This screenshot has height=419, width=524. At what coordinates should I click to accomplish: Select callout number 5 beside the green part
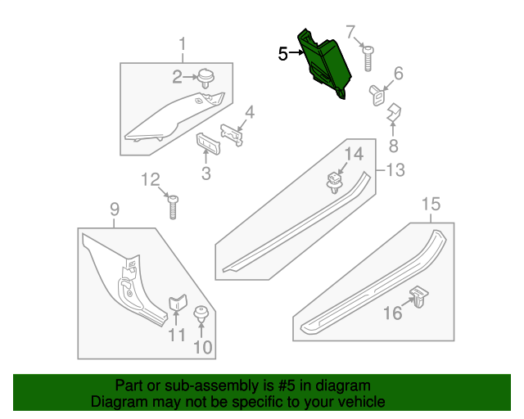(282, 55)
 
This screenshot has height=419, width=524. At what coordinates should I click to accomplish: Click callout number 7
(350, 33)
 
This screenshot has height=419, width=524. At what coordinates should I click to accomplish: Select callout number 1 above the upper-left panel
(183, 43)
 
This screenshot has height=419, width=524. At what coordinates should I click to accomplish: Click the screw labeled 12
(174, 206)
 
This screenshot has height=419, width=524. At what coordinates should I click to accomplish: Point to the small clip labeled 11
(178, 305)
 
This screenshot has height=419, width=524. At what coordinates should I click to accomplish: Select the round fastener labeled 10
(200, 315)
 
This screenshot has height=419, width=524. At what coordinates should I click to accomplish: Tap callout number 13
(395, 170)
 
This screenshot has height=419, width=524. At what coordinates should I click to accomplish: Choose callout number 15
(431, 204)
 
